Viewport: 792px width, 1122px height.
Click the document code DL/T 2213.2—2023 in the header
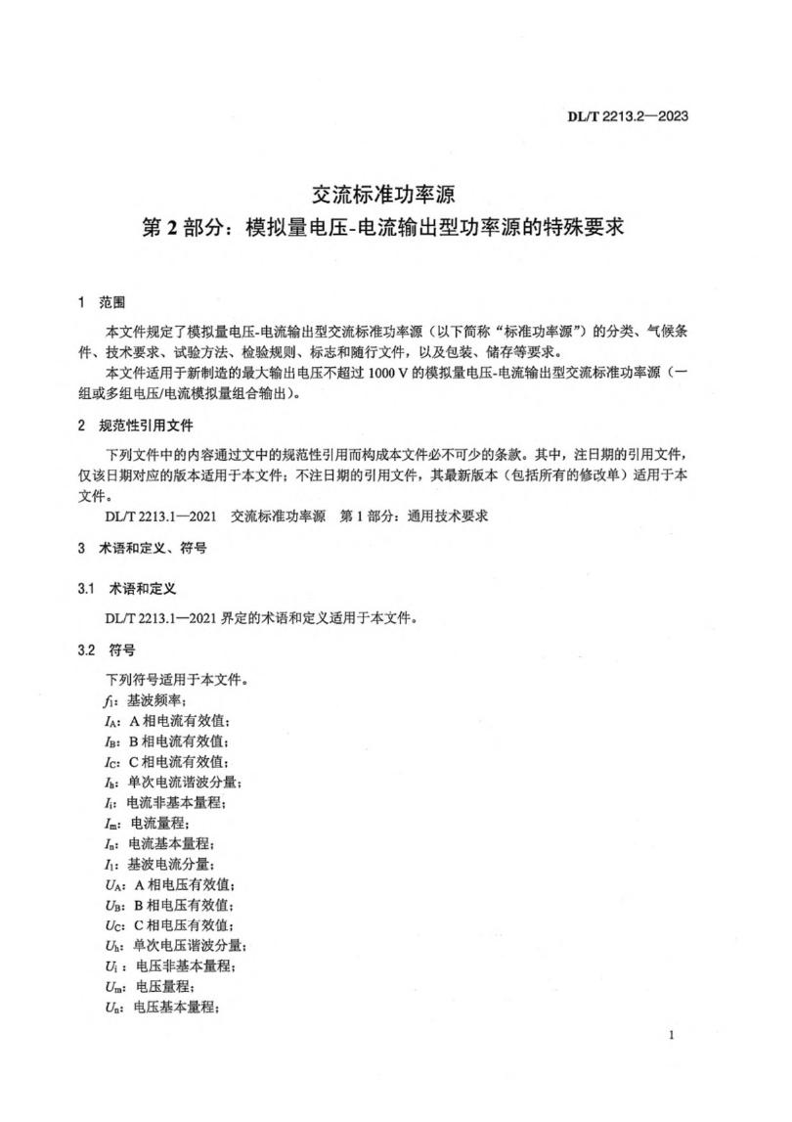[x=628, y=116]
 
